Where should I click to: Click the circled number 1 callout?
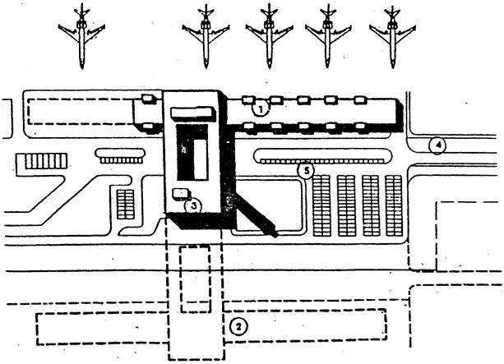261,109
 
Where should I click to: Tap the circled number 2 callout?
238,327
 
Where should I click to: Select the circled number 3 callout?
193,206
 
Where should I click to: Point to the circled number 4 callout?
437,145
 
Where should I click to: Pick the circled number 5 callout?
306,170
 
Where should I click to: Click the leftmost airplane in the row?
81,36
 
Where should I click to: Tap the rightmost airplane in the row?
392,36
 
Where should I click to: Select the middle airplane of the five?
269,36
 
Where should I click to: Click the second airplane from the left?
206,36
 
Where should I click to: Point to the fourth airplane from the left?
328,36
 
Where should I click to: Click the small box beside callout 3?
182,195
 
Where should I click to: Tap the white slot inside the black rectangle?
201,159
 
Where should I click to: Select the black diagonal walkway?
257,214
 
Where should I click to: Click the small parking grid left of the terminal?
125,205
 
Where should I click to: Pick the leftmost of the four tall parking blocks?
321,205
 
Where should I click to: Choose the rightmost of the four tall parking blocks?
394,205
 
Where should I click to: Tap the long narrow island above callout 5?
322,156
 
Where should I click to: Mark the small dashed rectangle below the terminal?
195,279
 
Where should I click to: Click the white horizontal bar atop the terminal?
193,113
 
